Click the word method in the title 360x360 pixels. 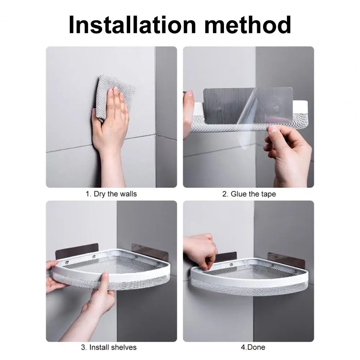[x=248, y=25]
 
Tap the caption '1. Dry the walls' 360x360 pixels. [x=111, y=194]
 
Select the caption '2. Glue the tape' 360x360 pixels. [x=249, y=194]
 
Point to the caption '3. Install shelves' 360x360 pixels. [x=109, y=347]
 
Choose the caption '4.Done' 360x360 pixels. [x=253, y=347]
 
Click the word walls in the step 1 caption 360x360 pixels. [x=128, y=194]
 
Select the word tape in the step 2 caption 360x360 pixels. [x=268, y=195]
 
